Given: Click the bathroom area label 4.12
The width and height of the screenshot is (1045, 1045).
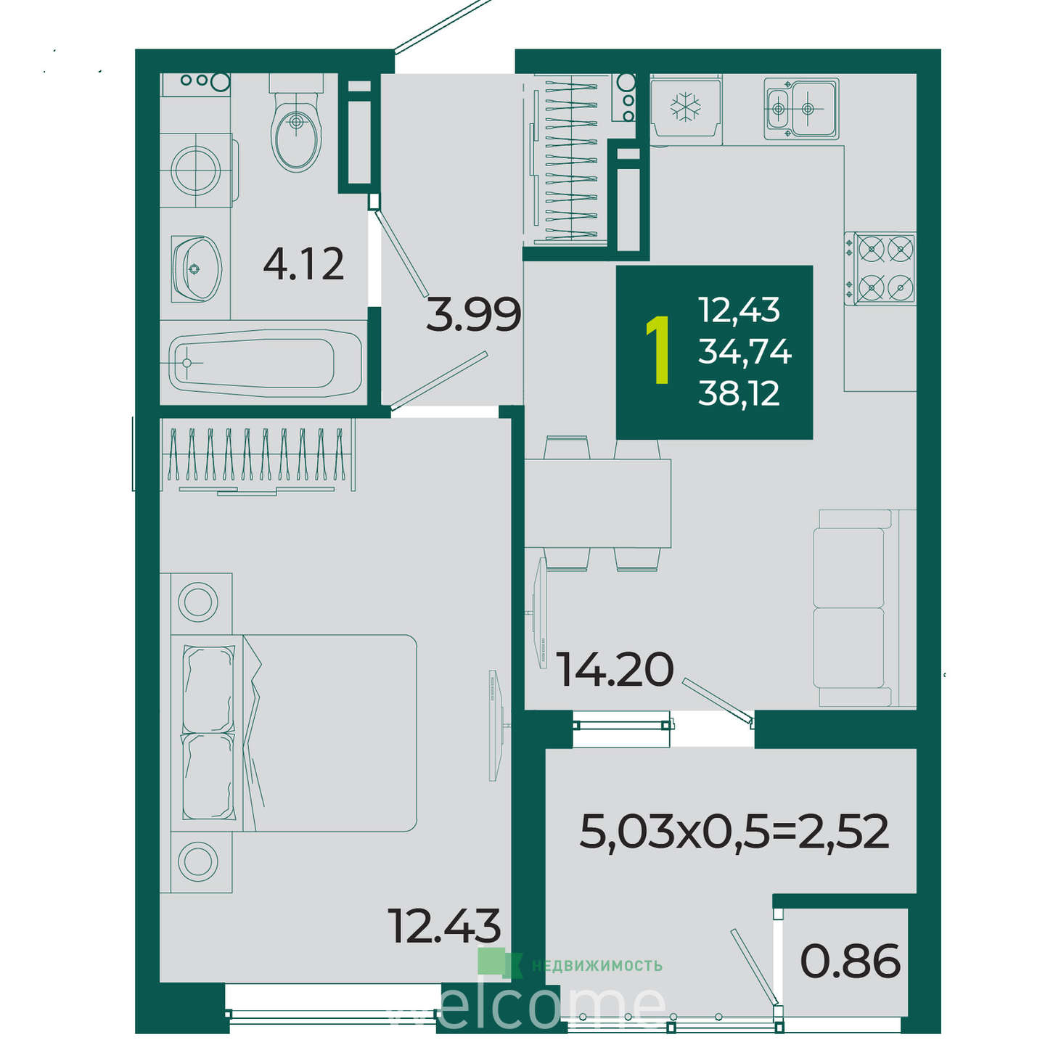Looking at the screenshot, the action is tap(303, 263).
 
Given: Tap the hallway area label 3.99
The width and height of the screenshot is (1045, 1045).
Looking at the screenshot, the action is tap(473, 314).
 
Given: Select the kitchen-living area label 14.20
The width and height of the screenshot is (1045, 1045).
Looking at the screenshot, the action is tap(615, 669).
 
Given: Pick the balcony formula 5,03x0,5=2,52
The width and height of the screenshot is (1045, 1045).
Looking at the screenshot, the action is tap(734, 846).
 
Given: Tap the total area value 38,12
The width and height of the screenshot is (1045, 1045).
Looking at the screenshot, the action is tap(739, 393).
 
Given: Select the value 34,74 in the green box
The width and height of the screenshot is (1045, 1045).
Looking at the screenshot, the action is tap(744, 351).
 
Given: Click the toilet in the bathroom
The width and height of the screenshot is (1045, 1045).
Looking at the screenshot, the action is tap(296, 123).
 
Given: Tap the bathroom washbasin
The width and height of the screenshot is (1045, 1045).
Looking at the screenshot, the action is tap(196, 269).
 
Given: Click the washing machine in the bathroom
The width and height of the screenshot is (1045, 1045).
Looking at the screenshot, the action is tap(197, 170).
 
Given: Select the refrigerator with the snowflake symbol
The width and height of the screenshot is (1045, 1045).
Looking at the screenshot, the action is tap(686, 106).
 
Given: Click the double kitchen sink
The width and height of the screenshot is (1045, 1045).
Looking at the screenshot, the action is tap(801, 108).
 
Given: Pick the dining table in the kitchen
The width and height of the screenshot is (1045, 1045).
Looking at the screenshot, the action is tap(597, 503).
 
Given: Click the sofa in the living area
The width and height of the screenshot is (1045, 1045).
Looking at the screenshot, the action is tap(864, 607).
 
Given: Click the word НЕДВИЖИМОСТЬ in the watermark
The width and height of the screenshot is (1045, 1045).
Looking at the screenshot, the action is tap(597, 966).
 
